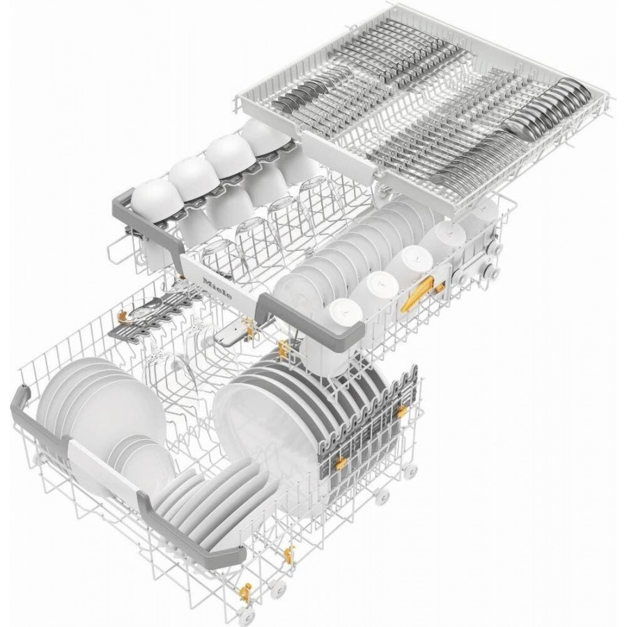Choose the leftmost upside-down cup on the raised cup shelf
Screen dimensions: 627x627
(x=154, y=199)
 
